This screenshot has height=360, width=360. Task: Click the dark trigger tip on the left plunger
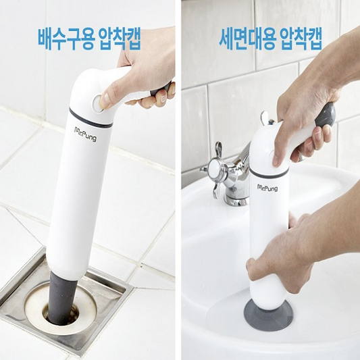tap(162, 88)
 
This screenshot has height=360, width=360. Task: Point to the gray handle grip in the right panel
tap(326, 116)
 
